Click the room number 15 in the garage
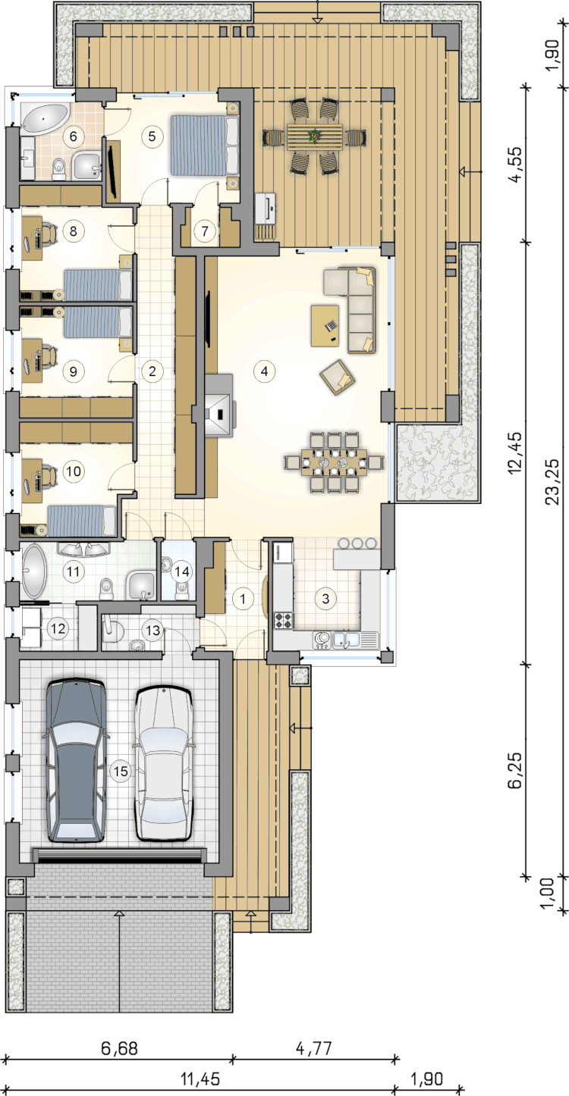(121, 772)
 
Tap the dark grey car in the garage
(76, 760)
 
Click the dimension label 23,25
(552, 481)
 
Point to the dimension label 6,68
(119, 1048)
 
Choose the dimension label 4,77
(314, 1047)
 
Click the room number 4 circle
(264, 371)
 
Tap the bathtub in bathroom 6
(45, 117)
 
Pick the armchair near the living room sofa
(338, 377)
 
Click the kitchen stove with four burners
(284, 620)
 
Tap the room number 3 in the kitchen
(325, 598)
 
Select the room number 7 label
(205, 230)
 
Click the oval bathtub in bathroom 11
(34, 571)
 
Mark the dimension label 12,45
(516, 452)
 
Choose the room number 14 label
(181, 571)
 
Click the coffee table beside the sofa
(325, 325)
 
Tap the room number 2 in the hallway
(152, 371)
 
